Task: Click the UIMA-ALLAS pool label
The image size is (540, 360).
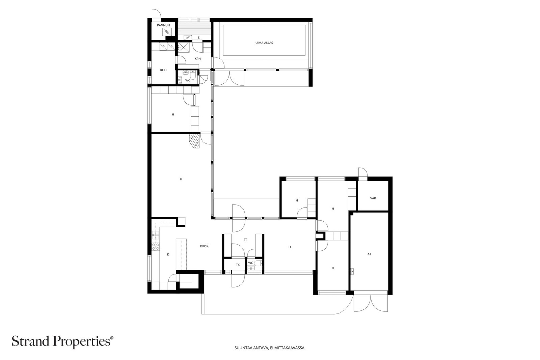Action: (x=264, y=43)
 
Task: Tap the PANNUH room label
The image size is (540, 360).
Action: (x=163, y=25)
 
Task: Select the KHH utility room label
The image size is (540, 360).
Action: (x=163, y=70)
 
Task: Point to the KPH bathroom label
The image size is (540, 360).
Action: (x=198, y=59)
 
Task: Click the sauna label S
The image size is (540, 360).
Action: (x=199, y=38)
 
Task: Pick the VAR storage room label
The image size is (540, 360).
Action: (x=373, y=198)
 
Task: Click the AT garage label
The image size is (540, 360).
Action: (x=369, y=254)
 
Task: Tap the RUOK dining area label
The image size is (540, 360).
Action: (x=204, y=246)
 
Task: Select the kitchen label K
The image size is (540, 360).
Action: (x=168, y=254)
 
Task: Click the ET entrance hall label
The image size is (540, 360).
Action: (x=245, y=240)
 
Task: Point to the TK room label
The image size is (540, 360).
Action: (x=238, y=265)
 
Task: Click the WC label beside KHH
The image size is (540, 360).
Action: (x=188, y=81)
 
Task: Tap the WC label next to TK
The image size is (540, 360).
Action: (x=250, y=263)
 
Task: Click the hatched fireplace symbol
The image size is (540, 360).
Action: (x=194, y=141)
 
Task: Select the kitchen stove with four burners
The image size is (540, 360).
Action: (x=156, y=246)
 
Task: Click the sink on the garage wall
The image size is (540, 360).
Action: (x=352, y=271)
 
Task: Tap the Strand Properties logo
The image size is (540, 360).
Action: (x=62, y=341)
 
